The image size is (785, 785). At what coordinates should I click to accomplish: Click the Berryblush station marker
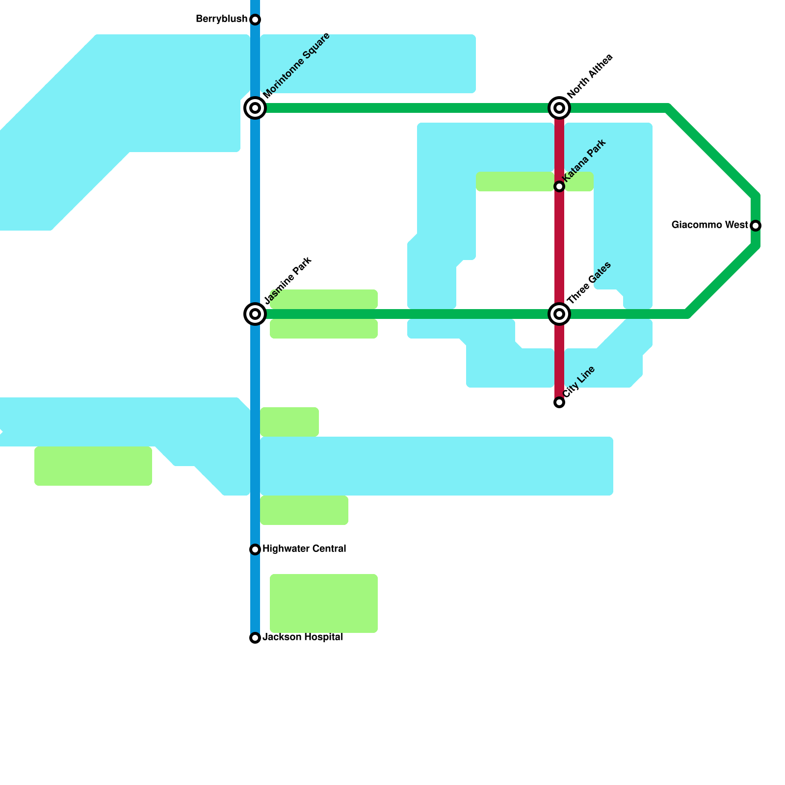255,20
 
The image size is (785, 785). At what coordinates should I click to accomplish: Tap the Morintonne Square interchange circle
255,108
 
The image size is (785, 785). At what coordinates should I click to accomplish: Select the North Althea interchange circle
559,108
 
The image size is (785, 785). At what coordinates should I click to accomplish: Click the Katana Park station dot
559,186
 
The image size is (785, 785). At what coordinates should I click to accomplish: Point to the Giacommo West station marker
756,226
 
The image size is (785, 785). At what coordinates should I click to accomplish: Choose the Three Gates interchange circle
559,314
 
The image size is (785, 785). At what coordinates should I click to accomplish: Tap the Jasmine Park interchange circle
255,314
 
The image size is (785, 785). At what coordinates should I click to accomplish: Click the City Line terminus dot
559,402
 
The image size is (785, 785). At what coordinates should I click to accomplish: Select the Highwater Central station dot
255,549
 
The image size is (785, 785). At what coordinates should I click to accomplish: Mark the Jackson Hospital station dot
255,638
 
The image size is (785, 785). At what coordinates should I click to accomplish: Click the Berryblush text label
221,19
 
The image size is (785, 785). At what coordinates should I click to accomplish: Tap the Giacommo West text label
709,225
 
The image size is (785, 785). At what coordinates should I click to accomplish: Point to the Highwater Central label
304,549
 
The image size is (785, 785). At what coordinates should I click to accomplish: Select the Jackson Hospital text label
302,637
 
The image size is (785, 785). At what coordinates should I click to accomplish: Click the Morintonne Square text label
296,66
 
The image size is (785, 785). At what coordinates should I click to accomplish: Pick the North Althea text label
590,76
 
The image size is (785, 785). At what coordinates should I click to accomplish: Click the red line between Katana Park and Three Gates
559,250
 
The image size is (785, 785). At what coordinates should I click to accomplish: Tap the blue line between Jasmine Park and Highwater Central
255,432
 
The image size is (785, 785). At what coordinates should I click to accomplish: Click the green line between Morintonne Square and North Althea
407,108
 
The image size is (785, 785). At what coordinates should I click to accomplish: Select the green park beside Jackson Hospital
324,603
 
